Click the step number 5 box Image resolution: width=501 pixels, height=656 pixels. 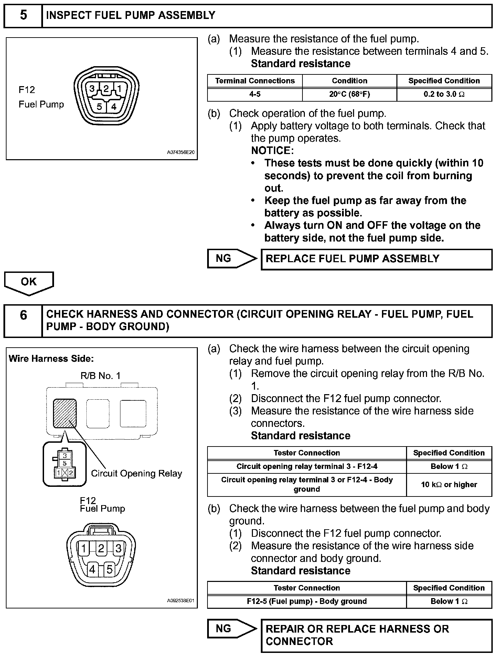[x=23, y=16]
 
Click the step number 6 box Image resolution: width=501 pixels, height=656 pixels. [x=23, y=320]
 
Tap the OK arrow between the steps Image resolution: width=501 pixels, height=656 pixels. [x=29, y=283]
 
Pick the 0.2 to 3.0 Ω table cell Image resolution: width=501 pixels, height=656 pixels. [x=444, y=94]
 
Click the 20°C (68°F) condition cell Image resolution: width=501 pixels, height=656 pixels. [x=349, y=94]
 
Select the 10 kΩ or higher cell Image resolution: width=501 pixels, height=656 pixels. [x=449, y=484]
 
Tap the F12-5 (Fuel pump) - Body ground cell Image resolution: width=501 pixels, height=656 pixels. [x=307, y=601]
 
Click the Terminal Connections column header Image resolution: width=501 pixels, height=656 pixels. [x=255, y=81]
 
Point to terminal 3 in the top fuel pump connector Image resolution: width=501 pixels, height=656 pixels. [x=92, y=89]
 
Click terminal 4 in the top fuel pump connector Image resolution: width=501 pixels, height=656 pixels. [x=114, y=106]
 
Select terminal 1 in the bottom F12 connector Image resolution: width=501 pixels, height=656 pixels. [x=84, y=548]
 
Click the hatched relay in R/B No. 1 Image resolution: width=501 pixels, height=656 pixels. [x=65, y=413]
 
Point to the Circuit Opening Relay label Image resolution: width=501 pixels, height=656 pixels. [x=136, y=473]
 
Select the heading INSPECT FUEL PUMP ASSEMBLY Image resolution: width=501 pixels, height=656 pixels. [x=130, y=16]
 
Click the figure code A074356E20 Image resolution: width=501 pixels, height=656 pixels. [x=181, y=152]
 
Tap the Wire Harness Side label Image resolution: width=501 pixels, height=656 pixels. [x=51, y=359]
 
